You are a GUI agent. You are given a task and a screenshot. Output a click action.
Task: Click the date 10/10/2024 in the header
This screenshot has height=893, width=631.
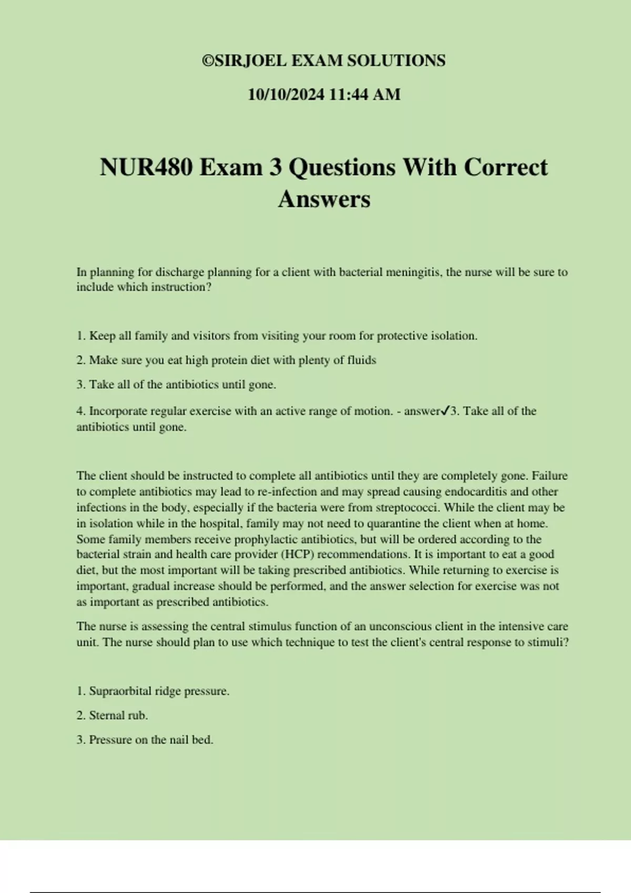(286, 95)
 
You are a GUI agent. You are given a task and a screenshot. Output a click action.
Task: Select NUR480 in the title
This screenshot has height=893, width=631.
(146, 168)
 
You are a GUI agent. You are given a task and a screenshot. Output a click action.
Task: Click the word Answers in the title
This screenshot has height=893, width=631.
(324, 199)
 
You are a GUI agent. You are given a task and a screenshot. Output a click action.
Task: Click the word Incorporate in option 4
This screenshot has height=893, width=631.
(119, 411)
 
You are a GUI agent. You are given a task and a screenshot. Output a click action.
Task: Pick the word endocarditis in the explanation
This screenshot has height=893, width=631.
(477, 492)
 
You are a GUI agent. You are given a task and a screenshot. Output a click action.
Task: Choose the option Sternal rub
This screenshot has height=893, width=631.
(118, 715)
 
